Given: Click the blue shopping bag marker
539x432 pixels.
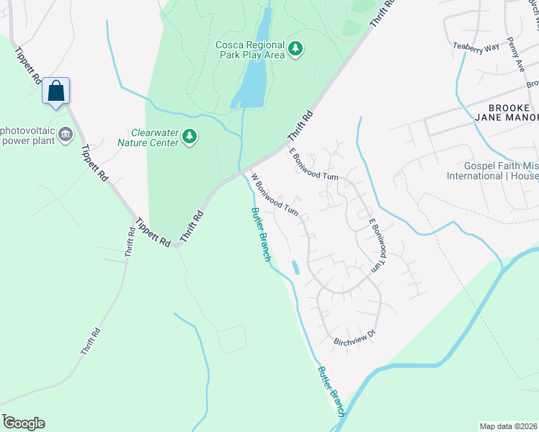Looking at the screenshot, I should coord(55,91).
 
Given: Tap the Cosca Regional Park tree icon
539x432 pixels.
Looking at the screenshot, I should coord(295,49).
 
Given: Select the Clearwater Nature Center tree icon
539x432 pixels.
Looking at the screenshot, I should coord(190,136).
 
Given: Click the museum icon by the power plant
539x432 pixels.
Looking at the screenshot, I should coord(66,135).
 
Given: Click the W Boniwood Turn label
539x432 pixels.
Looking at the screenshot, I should coord(275,194).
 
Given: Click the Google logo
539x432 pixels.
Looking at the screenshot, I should coord(24,423).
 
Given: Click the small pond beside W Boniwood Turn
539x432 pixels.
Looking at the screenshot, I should coord(294,267).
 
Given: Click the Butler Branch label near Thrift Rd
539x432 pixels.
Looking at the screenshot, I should coord(260,234).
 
